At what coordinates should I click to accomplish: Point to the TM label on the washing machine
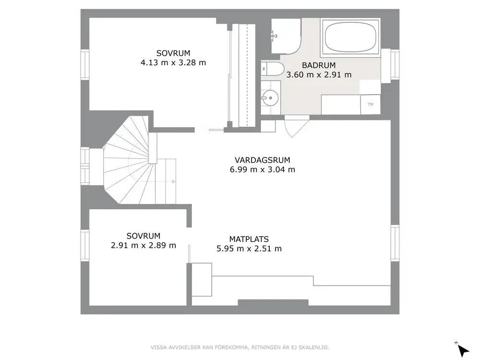coord(370,104)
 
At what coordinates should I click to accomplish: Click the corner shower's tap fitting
coord(274,35)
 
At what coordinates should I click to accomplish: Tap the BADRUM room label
coord(319,65)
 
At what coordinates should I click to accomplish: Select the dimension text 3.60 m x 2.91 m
coord(319,74)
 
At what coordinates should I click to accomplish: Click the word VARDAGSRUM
coord(263,160)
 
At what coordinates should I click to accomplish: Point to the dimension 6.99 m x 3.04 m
coord(263,169)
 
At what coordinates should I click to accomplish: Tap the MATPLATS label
coord(249,239)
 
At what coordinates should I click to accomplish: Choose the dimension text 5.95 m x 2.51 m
coord(249,249)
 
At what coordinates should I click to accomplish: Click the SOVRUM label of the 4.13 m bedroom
coord(173,53)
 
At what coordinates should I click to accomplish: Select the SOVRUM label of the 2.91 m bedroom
coord(143,236)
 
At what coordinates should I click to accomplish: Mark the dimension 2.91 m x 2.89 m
coord(143,245)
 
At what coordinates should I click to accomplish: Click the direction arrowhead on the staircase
coord(173,181)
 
